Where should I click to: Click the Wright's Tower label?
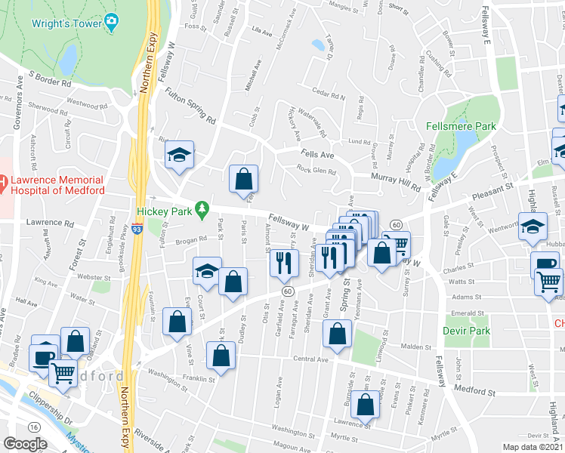[x=66, y=23]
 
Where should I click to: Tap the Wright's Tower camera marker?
[x=113, y=23]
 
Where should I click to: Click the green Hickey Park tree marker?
[x=202, y=208]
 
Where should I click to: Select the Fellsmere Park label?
[x=461, y=126]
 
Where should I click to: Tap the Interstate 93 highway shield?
[x=137, y=228]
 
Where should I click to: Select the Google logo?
[x=26, y=444]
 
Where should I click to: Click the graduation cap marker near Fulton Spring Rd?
[x=180, y=156]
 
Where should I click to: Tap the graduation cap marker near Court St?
[x=207, y=273]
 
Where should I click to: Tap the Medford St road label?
[x=475, y=390]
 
